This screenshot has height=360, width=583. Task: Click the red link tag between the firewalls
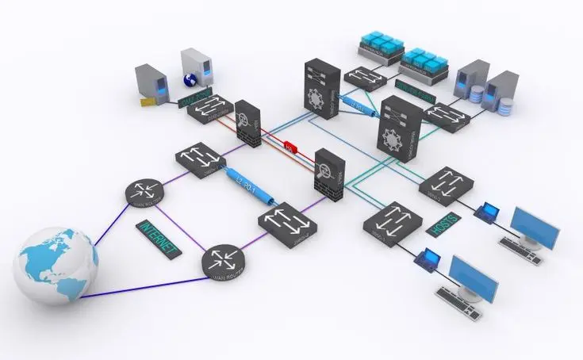pyautogui.click(x=290, y=147)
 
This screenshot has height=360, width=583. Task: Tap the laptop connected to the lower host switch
pyautogui.click(x=428, y=259)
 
